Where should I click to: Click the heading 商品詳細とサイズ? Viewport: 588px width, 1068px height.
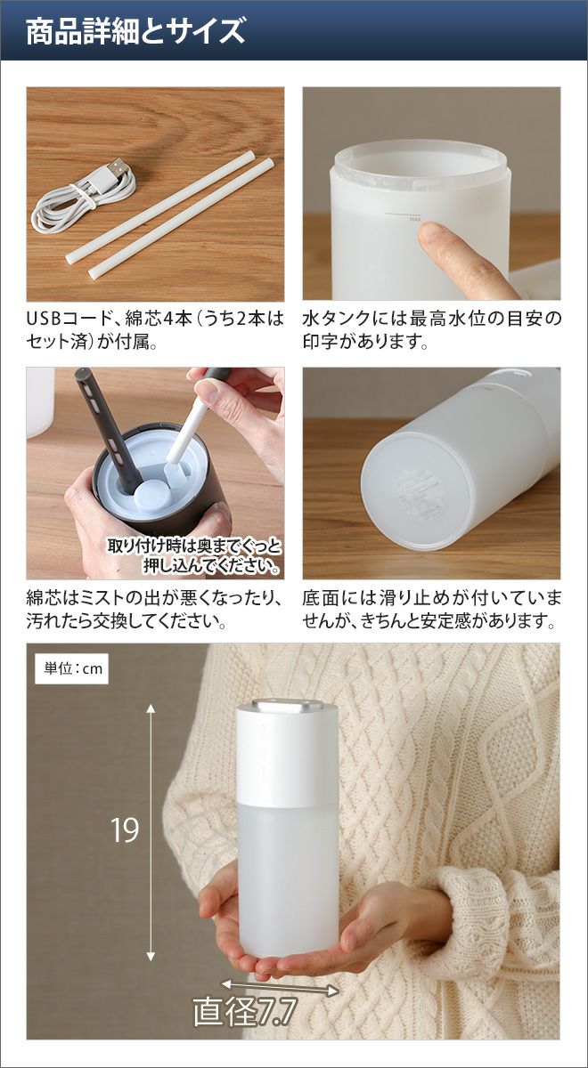pyautogui.click(x=135, y=32)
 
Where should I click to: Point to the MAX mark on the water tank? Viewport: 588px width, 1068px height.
pyautogui.click(x=414, y=219)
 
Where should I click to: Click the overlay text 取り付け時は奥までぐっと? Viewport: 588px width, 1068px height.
pyautogui.click(x=194, y=546)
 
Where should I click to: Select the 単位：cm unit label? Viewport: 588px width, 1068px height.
pyautogui.click(x=73, y=668)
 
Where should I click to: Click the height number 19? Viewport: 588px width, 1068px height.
pyautogui.click(x=125, y=830)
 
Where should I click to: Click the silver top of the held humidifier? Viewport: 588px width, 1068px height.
pyautogui.click(x=287, y=706)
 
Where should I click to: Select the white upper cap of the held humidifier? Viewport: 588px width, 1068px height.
pyautogui.click(x=287, y=756)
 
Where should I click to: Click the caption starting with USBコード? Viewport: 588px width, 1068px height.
pyautogui.click(x=155, y=330)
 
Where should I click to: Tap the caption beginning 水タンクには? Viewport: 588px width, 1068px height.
pyautogui.click(x=431, y=330)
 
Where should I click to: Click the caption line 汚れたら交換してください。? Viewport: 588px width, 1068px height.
pyautogui.click(x=127, y=622)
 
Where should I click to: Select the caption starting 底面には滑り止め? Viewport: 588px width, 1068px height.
pyautogui.click(x=431, y=610)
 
